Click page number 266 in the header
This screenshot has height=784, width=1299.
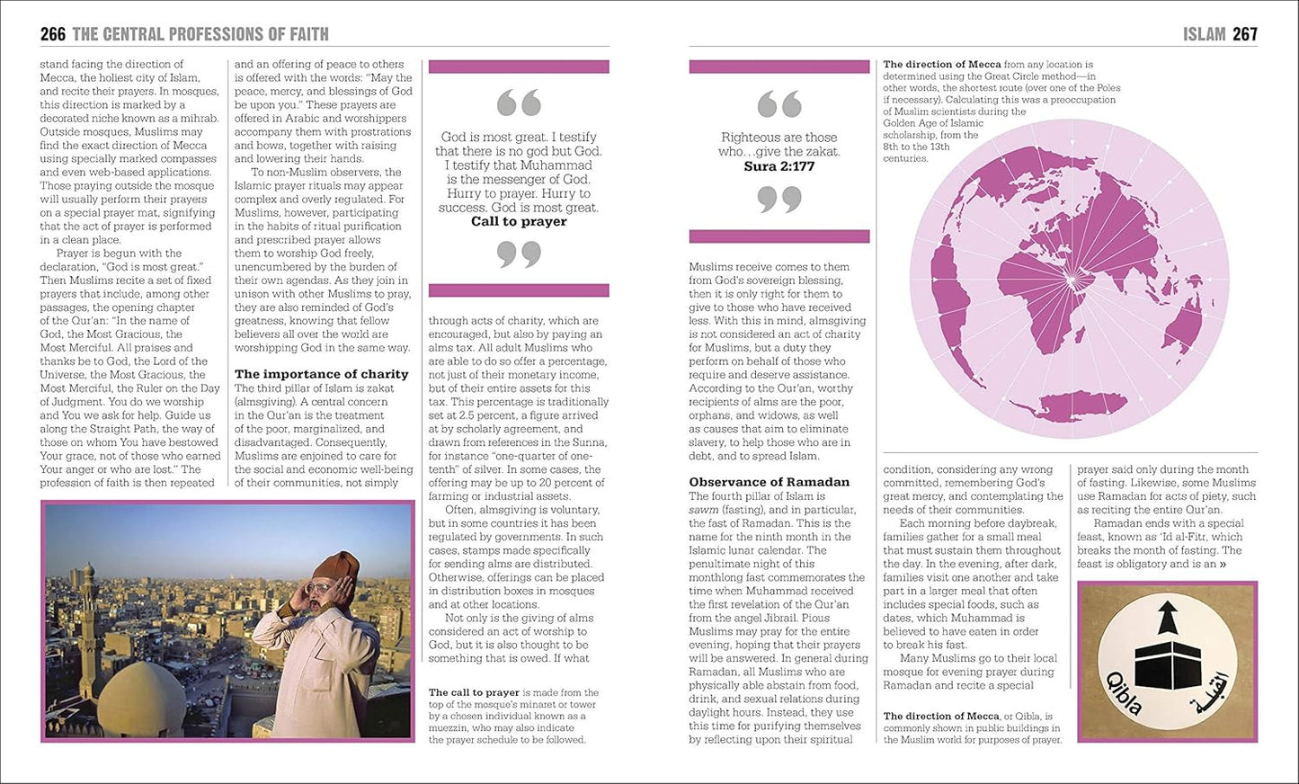tap(53, 34)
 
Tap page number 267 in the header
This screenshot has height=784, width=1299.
tap(1245, 34)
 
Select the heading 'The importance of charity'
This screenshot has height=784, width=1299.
tap(321, 374)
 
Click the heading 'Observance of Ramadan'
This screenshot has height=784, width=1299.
tap(769, 482)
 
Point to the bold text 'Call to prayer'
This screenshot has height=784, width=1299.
tap(519, 221)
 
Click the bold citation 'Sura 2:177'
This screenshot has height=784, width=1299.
tap(779, 166)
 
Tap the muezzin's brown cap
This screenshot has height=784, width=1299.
tap(336, 566)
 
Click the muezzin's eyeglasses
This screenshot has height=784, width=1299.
tap(321, 588)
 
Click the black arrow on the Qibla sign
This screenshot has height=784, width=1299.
tap(1167, 618)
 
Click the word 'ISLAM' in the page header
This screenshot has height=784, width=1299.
tap(1204, 34)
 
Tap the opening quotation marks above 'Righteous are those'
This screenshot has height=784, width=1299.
tap(779, 104)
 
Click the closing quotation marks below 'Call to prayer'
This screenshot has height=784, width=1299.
tap(519, 254)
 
